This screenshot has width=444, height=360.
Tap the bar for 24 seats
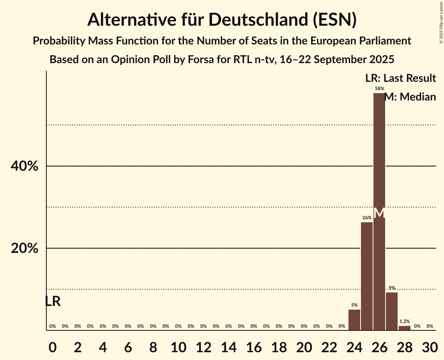[354, 320]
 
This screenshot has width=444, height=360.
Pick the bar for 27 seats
[392, 311]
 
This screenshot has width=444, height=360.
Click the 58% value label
[379, 88]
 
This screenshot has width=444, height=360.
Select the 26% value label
[367, 218]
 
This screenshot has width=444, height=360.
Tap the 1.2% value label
[405, 321]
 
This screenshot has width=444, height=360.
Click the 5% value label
[354, 305]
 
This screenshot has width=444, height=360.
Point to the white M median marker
[379, 213]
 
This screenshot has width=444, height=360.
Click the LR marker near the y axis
[53, 301]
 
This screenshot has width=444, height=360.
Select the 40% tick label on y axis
[24, 166]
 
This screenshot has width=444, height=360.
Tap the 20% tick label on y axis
[24, 249]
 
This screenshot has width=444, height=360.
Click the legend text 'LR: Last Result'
[400, 78]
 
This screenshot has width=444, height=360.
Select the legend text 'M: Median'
[410, 97]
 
